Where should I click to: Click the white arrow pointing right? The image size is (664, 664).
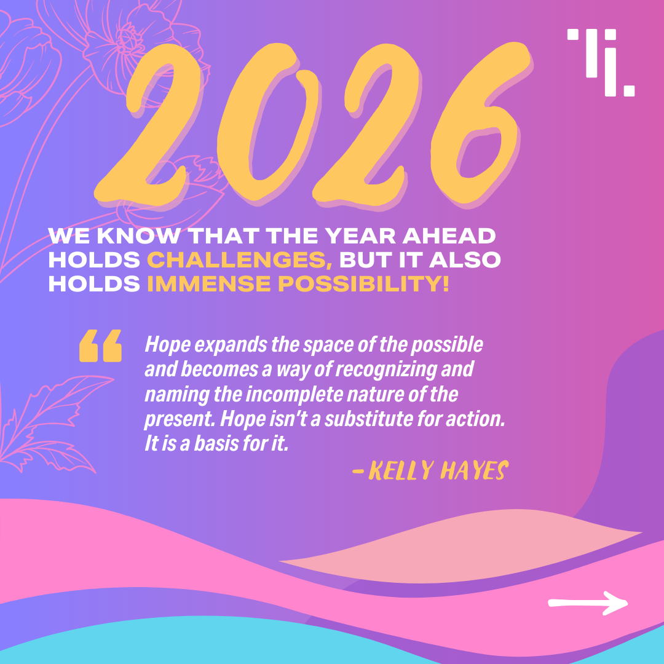point(588,603)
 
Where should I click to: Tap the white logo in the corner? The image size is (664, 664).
point(601,63)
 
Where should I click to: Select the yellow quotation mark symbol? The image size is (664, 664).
point(100,346)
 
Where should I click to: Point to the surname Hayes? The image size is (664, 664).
point(474,470)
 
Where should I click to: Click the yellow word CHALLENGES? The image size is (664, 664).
point(240,260)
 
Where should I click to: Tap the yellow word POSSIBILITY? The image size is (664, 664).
point(363,283)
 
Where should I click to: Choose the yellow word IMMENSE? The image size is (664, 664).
point(209,283)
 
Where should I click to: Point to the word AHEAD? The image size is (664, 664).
point(449,236)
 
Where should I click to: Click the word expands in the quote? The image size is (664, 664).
point(231,345)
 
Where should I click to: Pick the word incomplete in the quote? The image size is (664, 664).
point(294,394)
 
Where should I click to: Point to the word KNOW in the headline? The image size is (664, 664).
point(138,236)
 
